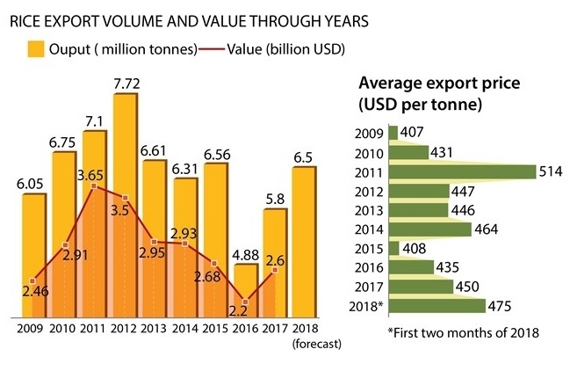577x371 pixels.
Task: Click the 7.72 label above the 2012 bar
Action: (x=126, y=84)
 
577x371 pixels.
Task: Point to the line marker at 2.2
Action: (x=245, y=302)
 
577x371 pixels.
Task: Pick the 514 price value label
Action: (x=550, y=172)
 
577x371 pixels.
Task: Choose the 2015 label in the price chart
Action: (x=369, y=248)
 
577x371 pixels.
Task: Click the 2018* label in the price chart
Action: (x=366, y=306)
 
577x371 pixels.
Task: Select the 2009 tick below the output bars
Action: (x=32, y=331)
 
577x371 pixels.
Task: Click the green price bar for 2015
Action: (x=393, y=248)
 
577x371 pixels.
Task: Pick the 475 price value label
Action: (x=502, y=306)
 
